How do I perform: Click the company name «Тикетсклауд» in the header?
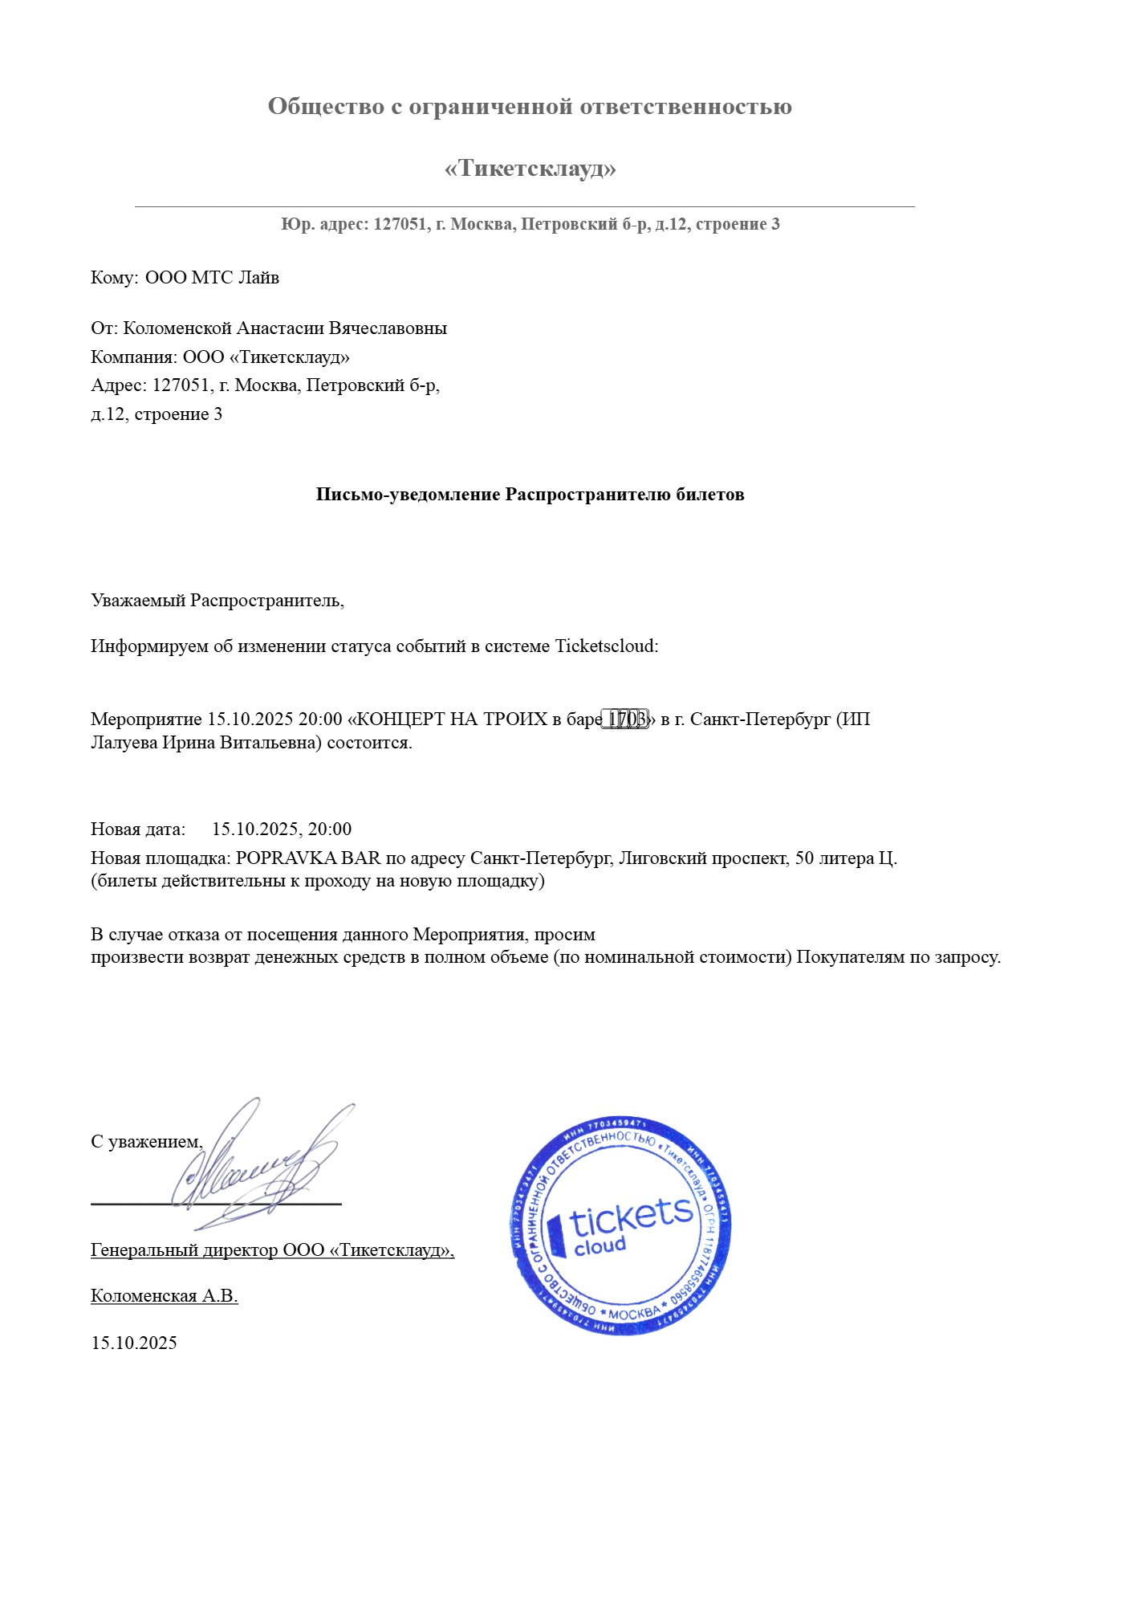[530, 169]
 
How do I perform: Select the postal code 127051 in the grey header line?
[400, 224]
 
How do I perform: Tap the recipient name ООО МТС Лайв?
[212, 278]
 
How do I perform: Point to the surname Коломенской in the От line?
[177, 328]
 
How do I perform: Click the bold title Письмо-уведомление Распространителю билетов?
[530, 495]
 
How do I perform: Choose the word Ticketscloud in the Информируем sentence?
[606, 646]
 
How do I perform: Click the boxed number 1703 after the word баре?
[626, 719]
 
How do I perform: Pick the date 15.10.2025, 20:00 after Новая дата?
[282, 829]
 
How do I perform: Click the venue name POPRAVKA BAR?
[308, 858]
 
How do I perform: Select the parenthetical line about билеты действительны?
[318, 881]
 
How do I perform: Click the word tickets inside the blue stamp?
[631, 1218]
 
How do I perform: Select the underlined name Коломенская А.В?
[165, 1296]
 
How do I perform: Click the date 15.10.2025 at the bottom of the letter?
[134, 1343]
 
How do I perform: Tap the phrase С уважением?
[146, 1142]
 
